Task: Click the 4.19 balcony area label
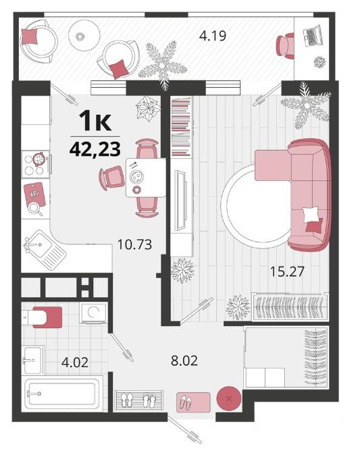[x=213, y=36]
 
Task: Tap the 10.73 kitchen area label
[x=134, y=244]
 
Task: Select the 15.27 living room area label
[x=287, y=271]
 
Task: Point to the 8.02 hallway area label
[x=184, y=360]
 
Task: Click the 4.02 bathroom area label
[x=75, y=363]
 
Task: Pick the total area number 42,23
[x=95, y=149]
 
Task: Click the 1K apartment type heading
[x=95, y=122]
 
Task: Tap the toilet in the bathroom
[x=42, y=317]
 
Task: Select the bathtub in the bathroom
[x=62, y=394]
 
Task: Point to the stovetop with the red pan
[x=36, y=164]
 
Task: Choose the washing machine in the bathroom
[x=93, y=313]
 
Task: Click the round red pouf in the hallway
[x=229, y=398]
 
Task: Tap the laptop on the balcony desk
[x=312, y=36]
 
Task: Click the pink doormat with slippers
[x=193, y=402]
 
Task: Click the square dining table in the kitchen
[x=146, y=178]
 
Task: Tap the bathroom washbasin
[x=33, y=360]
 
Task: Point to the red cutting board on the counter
[x=35, y=194]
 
